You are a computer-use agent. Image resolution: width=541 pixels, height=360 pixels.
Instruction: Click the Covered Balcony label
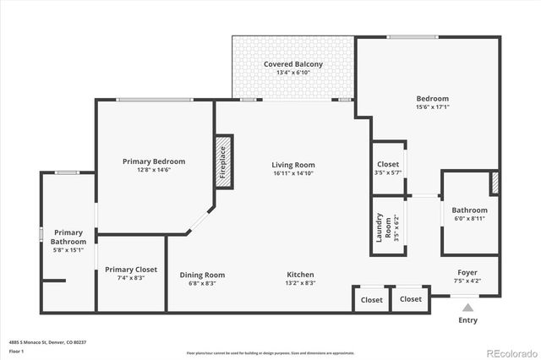[x=293, y=64]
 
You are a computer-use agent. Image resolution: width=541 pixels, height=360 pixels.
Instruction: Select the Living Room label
[x=293, y=165]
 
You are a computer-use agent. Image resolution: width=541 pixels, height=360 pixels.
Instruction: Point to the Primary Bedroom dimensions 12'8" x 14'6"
[x=154, y=170]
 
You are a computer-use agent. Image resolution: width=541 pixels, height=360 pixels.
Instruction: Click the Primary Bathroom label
[x=68, y=237]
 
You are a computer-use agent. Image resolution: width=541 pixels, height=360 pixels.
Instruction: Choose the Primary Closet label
[x=131, y=270]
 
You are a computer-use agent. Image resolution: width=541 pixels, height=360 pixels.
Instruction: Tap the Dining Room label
[x=202, y=275]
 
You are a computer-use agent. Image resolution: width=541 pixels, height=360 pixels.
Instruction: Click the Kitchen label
[x=300, y=275]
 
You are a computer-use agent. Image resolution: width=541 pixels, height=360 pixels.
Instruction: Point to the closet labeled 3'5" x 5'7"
[x=388, y=172]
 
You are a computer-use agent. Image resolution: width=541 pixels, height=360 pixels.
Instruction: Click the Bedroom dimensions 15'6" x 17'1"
[x=433, y=107]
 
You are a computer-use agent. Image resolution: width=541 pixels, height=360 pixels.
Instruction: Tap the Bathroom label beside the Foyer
[x=469, y=210]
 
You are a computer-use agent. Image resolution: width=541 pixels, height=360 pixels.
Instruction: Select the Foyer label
[x=467, y=272]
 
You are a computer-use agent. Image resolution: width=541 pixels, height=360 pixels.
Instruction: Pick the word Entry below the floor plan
[x=467, y=320]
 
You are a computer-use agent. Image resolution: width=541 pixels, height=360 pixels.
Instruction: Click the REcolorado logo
[x=512, y=352]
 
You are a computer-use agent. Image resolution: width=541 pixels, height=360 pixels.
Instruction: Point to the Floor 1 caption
[x=16, y=351]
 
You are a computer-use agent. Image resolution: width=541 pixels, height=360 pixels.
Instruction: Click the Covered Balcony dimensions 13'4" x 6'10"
[x=293, y=73]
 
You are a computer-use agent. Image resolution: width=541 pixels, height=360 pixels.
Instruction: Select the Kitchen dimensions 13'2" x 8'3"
[x=300, y=283]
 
